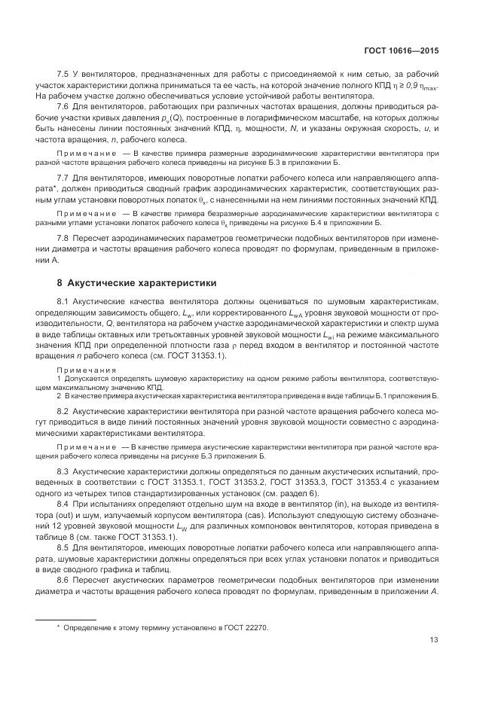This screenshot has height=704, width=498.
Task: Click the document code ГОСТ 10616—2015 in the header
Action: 401,50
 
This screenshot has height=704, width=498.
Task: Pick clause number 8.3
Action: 63,471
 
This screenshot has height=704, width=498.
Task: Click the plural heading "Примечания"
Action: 87,370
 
